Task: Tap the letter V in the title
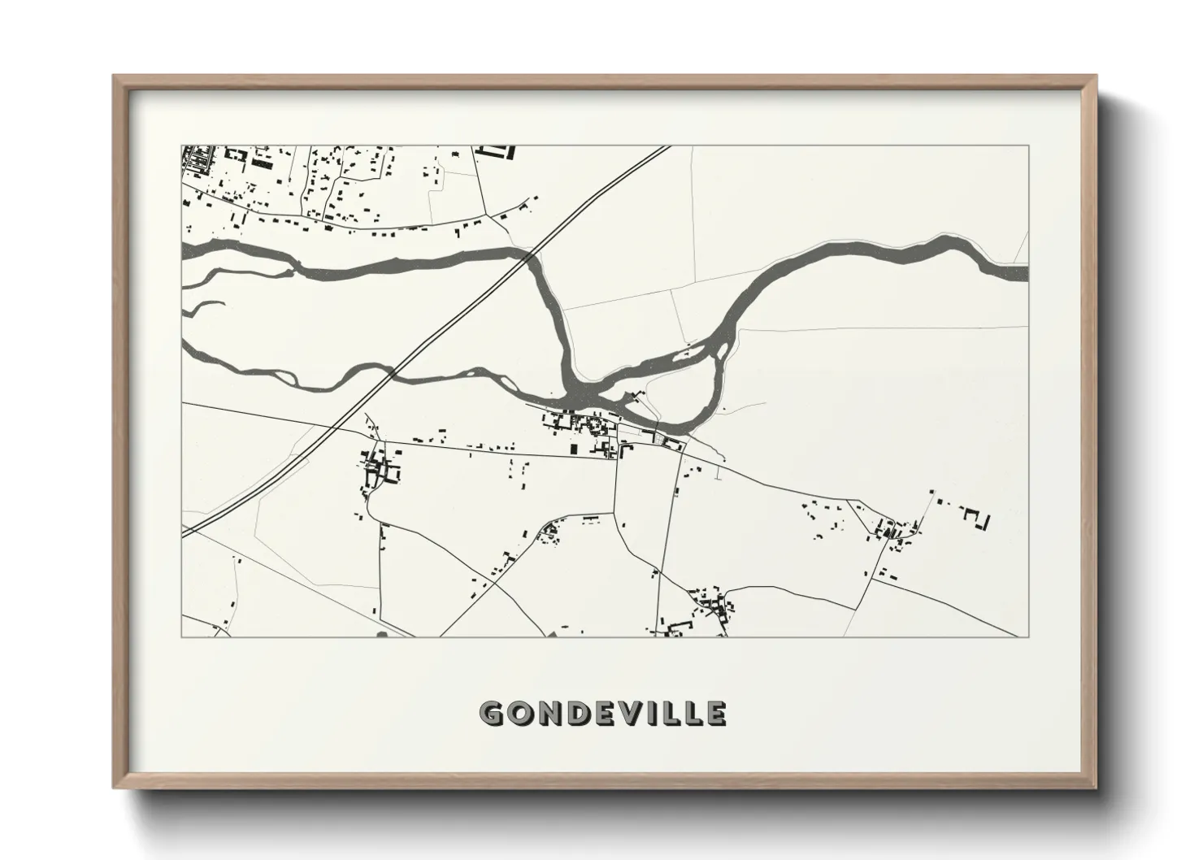click(618, 713)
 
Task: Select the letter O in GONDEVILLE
click(520, 713)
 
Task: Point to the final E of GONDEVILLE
click(714, 713)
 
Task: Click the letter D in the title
click(571, 713)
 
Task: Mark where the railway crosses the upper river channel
click(530, 256)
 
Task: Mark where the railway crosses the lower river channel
click(391, 373)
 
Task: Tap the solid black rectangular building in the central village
click(573, 448)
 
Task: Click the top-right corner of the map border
click(1028, 146)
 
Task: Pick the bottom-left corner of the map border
click(182, 636)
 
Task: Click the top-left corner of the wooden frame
click(114, 76)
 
